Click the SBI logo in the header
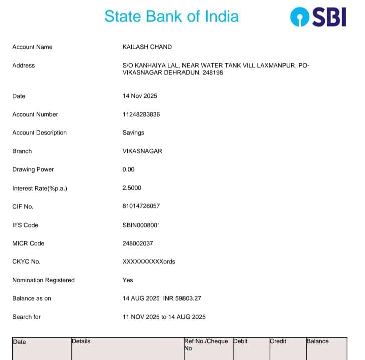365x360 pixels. click(318, 17)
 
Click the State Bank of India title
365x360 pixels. click(171, 16)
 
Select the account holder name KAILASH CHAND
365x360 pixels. click(147, 47)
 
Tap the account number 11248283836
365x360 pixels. click(141, 114)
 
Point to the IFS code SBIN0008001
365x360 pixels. click(141, 225)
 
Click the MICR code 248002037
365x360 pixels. click(138, 243)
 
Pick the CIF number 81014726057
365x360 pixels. click(141, 206)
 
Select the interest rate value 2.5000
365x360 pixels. click(132, 188)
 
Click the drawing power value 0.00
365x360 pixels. click(128, 169)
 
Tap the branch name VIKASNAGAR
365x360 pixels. click(142, 151)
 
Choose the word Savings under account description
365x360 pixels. click(133, 133)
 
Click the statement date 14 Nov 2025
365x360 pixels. click(140, 96)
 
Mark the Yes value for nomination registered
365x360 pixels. click(128, 280)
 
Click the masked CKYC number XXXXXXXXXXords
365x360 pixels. click(149, 262)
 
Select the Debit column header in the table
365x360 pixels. click(241, 341)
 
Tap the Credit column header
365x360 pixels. click(278, 341)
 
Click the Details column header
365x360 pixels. click(81, 341)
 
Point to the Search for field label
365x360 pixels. click(27, 317)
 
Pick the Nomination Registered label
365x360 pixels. click(43, 280)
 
